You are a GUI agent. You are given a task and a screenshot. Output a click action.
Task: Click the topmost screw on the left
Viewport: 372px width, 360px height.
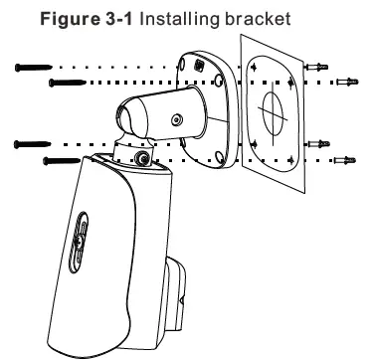[33, 67]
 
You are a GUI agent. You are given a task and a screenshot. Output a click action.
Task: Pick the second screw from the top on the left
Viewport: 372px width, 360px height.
[64, 80]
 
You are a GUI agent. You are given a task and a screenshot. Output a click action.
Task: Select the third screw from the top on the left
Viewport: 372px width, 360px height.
[33, 145]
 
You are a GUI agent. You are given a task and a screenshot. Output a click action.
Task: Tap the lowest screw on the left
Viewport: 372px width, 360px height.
[62, 158]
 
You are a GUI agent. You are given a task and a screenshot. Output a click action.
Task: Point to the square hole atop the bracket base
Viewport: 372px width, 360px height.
[202, 63]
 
